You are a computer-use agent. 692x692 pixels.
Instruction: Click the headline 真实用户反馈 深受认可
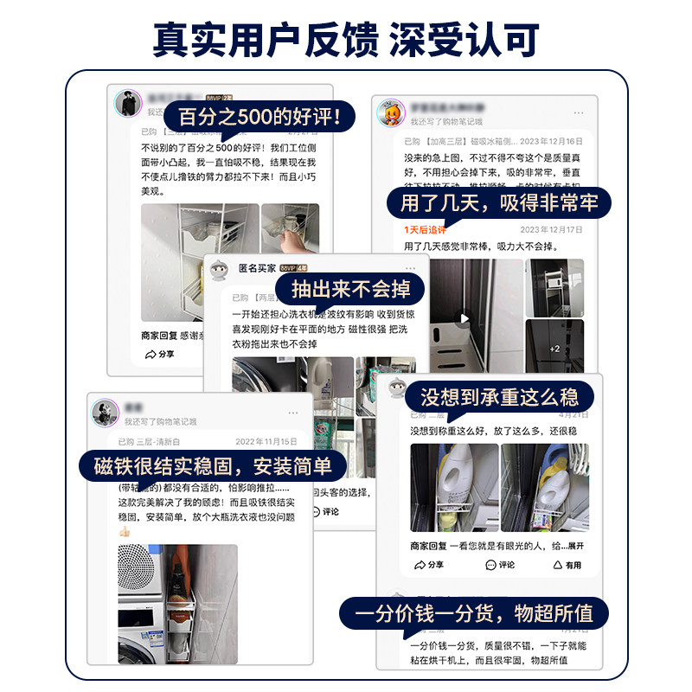[x=346, y=38]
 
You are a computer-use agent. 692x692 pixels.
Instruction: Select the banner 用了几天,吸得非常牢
[x=499, y=204]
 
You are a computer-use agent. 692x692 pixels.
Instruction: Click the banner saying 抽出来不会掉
[x=350, y=288]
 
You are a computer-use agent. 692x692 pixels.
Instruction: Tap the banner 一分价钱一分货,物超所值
[x=473, y=614]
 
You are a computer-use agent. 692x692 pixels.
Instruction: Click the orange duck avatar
[x=390, y=113]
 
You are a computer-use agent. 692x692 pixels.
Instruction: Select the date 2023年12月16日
[x=551, y=139]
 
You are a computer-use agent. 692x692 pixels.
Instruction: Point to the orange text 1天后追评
[x=425, y=230]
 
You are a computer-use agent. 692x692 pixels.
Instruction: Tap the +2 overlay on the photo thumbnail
[x=554, y=349]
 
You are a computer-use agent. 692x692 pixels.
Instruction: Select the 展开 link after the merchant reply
[x=574, y=546]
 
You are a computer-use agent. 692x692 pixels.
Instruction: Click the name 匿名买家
[x=257, y=268]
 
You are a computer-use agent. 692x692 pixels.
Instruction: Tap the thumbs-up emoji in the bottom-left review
[x=124, y=530]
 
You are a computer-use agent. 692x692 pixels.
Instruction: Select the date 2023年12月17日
[x=551, y=230]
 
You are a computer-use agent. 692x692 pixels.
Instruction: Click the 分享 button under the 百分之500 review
[x=160, y=355]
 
